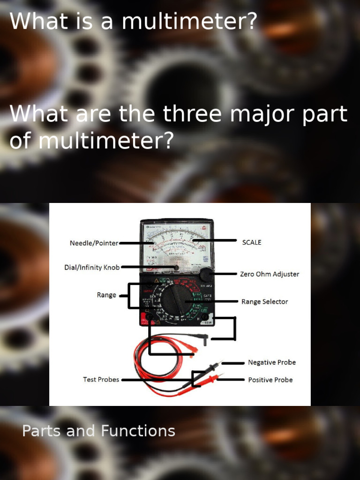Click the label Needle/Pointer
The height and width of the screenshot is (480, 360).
[x=94, y=243]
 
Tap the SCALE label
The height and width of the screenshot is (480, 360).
[x=251, y=242]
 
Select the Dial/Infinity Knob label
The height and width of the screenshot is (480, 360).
[x=92, y=268]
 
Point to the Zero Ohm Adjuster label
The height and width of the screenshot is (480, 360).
[x=270, y=274]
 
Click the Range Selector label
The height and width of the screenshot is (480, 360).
[x=264, y=301]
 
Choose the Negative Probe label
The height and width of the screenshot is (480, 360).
[x=272, y=362]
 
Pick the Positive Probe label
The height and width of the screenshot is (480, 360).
[x=270, y=380]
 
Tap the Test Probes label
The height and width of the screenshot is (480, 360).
[x=101, y=379]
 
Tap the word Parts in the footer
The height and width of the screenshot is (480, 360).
[x=42, y=431]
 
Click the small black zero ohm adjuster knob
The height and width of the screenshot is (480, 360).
[x=206, y=275]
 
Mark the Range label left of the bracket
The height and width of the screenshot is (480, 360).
[x=106, y=295]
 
